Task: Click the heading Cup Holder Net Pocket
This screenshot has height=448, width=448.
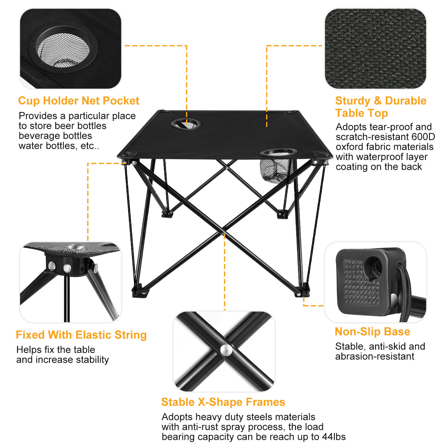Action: click(x=79, y=101)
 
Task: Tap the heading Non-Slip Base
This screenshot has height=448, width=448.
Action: click(x=372, y=332)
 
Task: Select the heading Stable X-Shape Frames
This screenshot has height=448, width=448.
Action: click(x=223, y=402)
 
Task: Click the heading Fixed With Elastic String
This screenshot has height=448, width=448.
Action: click(x=81, y=335)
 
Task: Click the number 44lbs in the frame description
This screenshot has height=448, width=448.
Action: click(x=334, y=437)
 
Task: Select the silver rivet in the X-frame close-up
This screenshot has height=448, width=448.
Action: click(x=226, y=349)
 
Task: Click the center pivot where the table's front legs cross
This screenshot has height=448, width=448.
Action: click(x=224, y=232)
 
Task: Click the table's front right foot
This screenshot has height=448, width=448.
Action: click(x=302, y=291)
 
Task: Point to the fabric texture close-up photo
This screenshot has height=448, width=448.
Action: click(x=375, y=48)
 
